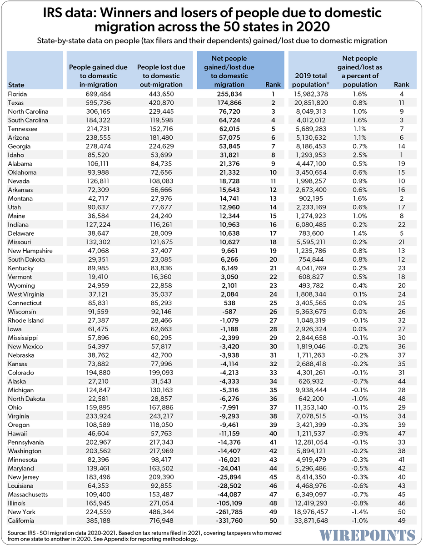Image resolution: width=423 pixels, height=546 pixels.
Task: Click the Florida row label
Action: [18, 94]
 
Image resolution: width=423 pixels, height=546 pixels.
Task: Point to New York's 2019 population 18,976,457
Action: [311, 512]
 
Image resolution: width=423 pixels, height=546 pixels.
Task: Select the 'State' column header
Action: [16, 85]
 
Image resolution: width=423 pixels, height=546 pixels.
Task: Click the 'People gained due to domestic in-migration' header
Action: [93, 76]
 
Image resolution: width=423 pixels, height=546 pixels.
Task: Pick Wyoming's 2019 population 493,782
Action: [314, 286]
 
